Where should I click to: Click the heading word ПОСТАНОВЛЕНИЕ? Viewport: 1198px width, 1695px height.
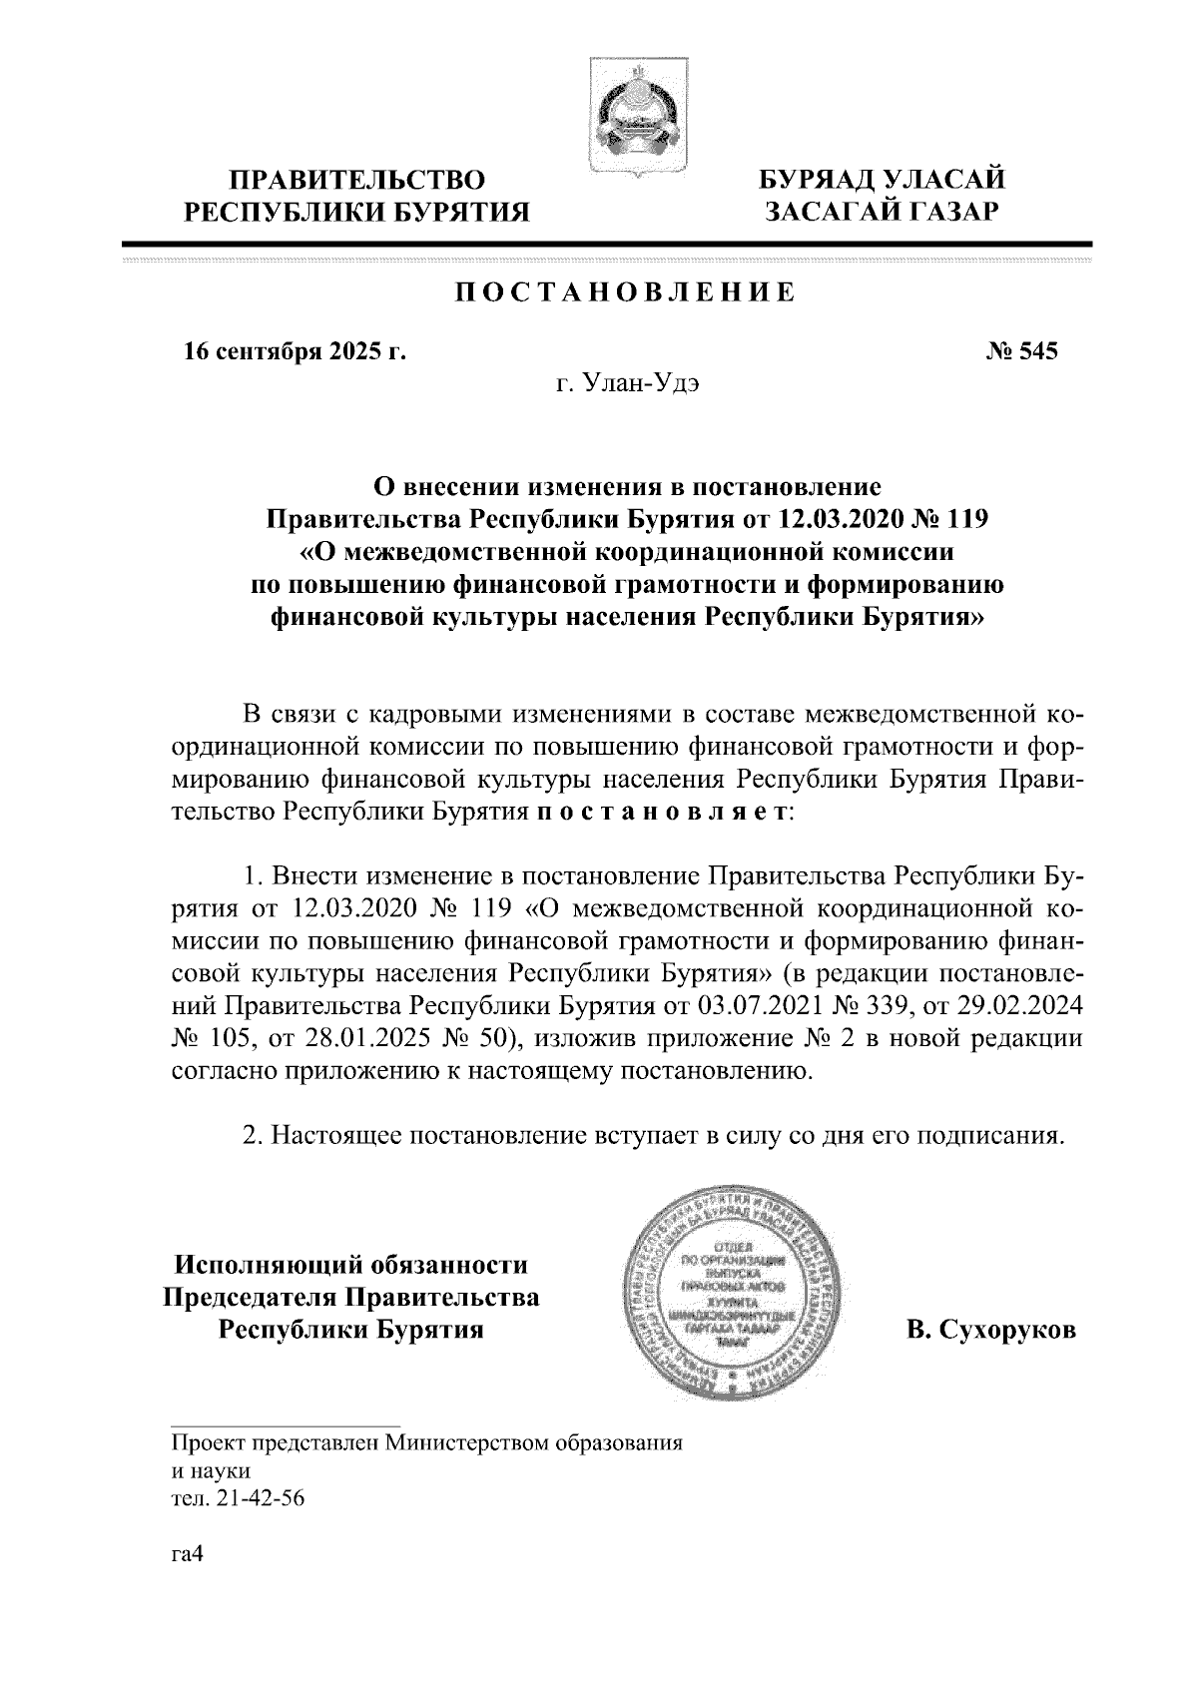click(x=626, y=292)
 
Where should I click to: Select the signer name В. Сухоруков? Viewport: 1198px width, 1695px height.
click(x=991, y=1331)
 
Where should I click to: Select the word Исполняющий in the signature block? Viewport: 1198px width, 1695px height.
click(x=271, y=1266)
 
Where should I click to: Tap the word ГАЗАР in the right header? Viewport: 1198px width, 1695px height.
click(x=942, y=212)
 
